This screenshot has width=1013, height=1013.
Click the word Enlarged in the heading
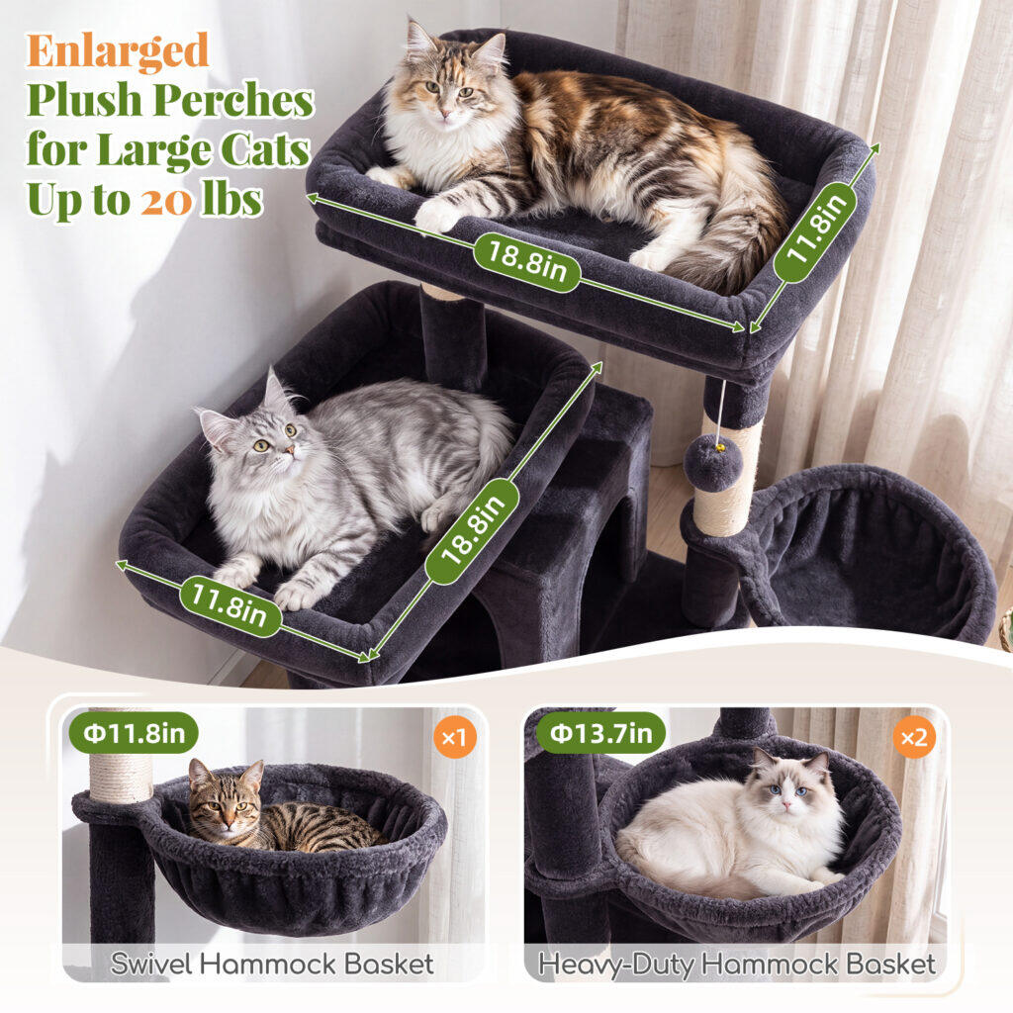click(118, 50)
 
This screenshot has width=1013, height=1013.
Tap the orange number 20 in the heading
click(166, 201)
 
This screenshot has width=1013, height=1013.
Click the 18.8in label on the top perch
click(526, 262)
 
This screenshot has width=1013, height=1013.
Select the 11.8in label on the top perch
click(816, 231)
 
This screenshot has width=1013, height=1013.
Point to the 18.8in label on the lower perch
click(473, 531)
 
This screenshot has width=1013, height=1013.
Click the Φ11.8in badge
click(134, 733)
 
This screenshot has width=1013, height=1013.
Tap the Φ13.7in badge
click(600, 733)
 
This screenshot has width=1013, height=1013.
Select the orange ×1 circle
click(455, 736)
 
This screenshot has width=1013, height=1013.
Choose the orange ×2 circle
click(914, 736)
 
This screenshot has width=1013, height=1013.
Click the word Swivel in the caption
click(151, 964)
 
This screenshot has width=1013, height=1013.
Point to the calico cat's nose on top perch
click(445, 114)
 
